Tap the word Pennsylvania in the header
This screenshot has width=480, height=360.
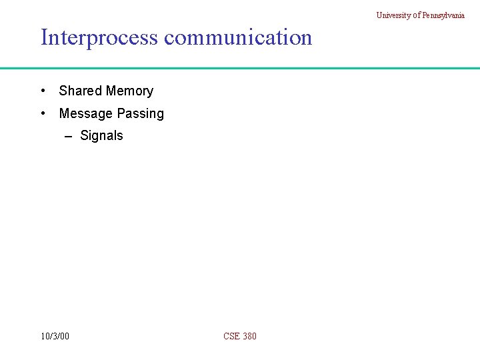tap(443, 15)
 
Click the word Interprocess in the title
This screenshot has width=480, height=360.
tap(100, 37)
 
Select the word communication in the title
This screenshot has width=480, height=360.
tap(238, 37)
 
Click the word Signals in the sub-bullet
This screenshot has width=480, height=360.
tap(101, 135)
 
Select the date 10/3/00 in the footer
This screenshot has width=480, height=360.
tap(55, 336)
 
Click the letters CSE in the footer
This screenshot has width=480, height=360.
tap(232, 336)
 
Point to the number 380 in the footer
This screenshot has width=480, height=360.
tap(249, 336)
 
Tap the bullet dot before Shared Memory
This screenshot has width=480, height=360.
tap(43, 91)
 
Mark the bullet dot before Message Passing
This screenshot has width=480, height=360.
tap(43, 113)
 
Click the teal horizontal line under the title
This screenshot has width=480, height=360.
tap(240, 68)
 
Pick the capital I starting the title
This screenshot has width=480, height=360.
tap(44, 37)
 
